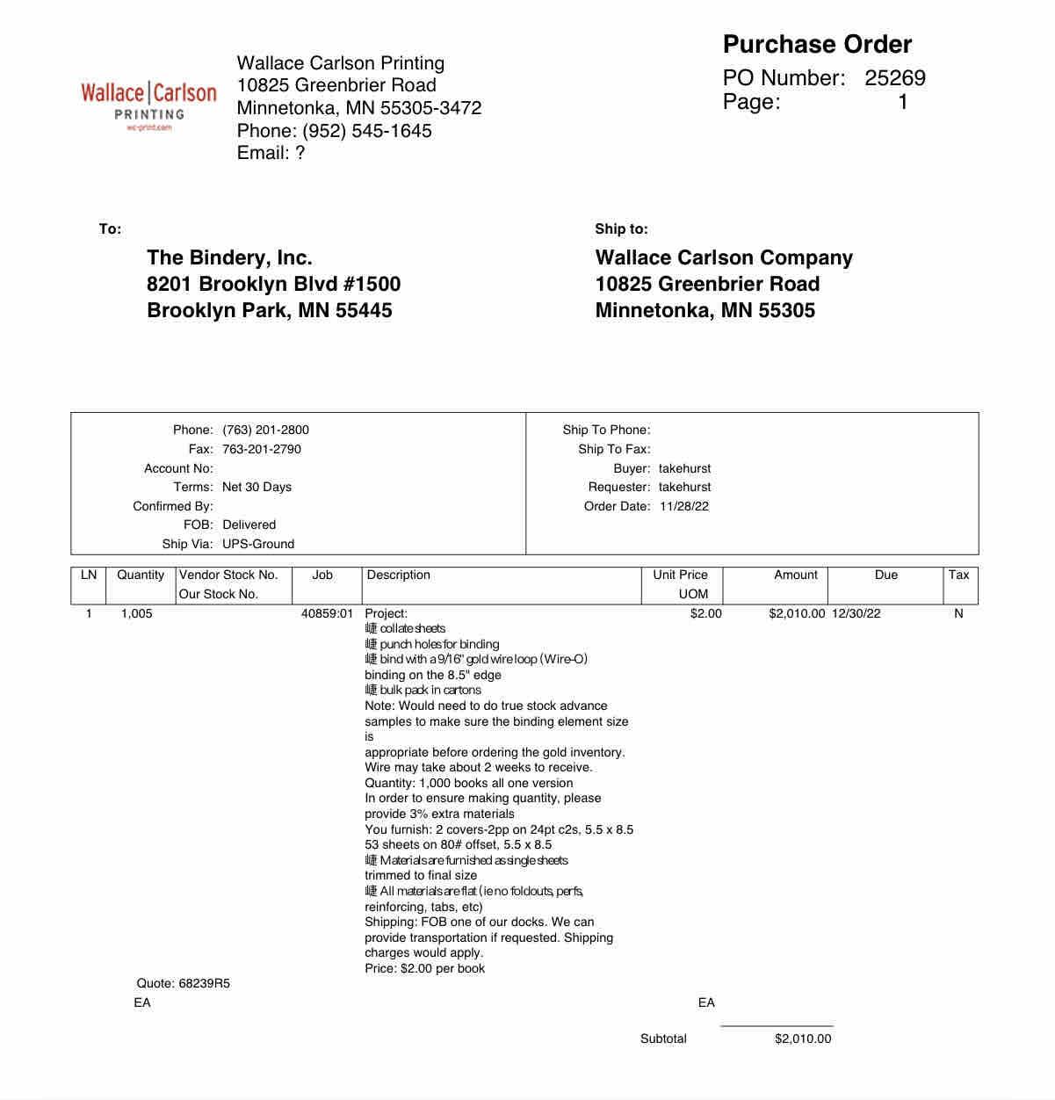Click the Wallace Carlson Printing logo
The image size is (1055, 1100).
pos(148,105)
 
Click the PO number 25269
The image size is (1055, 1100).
pos(894,78)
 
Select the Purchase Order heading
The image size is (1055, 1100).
pos(817,45)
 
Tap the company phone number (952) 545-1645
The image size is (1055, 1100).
pos(367,131)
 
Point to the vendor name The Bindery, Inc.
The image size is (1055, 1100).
pos(229,257)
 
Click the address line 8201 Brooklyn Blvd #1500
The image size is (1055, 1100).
pos(273,284)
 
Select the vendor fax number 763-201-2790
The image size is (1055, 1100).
pos(262,449)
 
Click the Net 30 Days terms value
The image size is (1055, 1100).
pos(257,487)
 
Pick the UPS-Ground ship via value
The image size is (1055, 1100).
pos(258,544)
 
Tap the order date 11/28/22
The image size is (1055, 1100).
pos(684,506)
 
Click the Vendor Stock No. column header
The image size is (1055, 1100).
pos(228,575)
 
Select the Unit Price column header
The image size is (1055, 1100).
pos(680,575)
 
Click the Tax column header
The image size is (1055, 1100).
pos(958,575)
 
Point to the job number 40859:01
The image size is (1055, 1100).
pos(327,613)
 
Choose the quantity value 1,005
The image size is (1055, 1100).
pos(136,613)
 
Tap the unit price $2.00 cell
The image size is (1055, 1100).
pos(705,613)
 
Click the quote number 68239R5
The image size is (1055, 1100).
pos(204,983)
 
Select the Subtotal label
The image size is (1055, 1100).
pos(663,1038)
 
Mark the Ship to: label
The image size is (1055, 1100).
pos(621,229)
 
